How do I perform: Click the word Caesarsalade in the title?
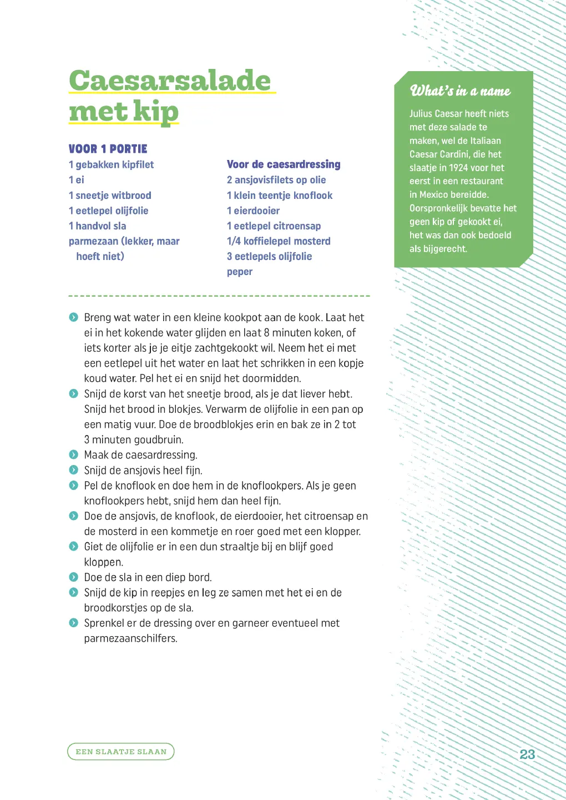click(x=170, y=81)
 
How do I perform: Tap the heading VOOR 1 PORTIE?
click(x=108, y=149)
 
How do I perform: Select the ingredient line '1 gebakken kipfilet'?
click(x=111, y=164)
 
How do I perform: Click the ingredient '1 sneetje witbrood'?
click(x=110, y=196)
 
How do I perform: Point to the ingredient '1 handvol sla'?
click(x=98, y=226)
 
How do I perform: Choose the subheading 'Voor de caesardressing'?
click(x=284, y=164)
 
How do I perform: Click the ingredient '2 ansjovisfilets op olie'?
click(x=276, y=180)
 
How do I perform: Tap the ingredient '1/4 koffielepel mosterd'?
click(x=279, y=241)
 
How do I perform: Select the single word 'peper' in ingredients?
click(x=240, y=272)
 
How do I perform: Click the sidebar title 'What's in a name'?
click(x=460, y=91)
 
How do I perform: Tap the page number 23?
click(x=527, y=754)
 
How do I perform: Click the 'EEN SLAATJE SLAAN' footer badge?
click(x=121, y=752)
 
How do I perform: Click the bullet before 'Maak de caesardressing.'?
click(x=74, y=454)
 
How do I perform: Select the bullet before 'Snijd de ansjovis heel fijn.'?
click(x=74, y=470)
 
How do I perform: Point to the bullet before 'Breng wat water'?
click(x=74, y=317)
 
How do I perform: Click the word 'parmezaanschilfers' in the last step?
click(x=130, y=638)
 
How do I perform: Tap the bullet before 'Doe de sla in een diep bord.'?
click(x=74, y=577)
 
